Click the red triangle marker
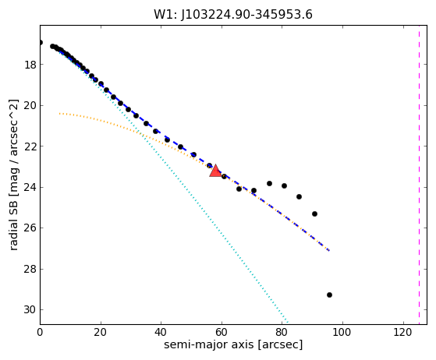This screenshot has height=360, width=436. [x=215, y=171]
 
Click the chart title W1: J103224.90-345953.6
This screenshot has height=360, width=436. [x=233, y=15]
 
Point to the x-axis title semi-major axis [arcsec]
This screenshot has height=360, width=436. [x=233, y=344]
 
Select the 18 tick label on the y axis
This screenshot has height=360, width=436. [x=30, y=65]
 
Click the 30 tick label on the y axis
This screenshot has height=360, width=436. [x=30, y=309]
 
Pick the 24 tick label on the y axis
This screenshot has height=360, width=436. [x=30, y=188]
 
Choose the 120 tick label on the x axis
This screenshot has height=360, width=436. [x=402, y=332]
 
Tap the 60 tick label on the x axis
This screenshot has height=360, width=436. [x=222, y=332]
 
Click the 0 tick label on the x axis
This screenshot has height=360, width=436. [x=40, y=332]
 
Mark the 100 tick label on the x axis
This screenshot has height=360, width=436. [x=342, y=332]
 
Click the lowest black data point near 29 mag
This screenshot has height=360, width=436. [x=329, y=295]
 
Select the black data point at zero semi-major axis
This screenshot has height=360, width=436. [x=41, y=43]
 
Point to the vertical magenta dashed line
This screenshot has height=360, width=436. [x=419, y=175]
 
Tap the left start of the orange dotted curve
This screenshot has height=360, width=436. [x=59, y=113]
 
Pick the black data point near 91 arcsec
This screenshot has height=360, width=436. [x=314, y=214]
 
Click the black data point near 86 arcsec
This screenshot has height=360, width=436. [x=299, y=196]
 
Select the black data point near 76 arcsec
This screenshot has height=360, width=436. [x=269, y=183]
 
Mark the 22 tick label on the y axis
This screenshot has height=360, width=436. [x=30, y=146]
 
